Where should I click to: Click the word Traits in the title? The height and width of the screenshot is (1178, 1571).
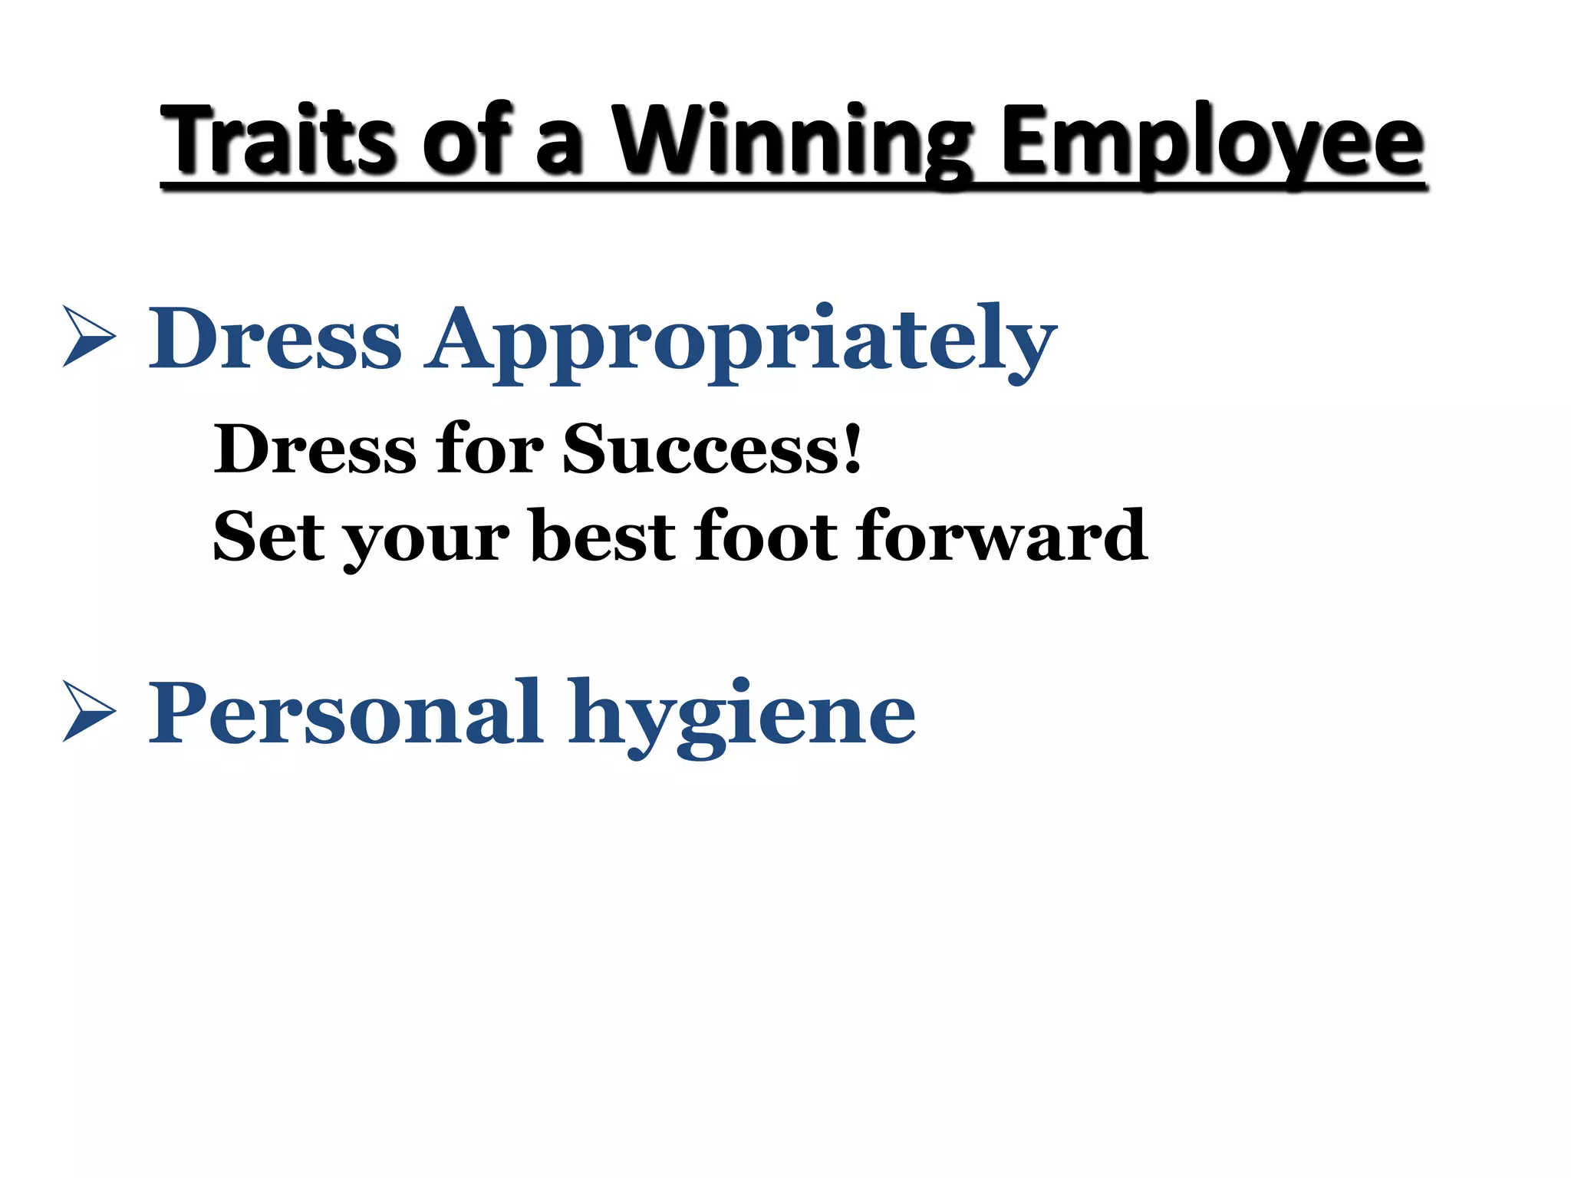tap(279, 140)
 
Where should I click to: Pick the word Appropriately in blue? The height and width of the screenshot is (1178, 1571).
tap(743, 342)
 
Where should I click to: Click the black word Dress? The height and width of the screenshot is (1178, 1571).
tap(315, 449)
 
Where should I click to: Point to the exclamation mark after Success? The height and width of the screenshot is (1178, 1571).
tap(852, 447)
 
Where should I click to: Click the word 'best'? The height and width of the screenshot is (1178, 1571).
tap(602, 535)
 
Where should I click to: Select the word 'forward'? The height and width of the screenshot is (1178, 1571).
tap(1001, 535)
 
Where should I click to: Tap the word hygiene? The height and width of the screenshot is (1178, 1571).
tap(741, 717)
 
